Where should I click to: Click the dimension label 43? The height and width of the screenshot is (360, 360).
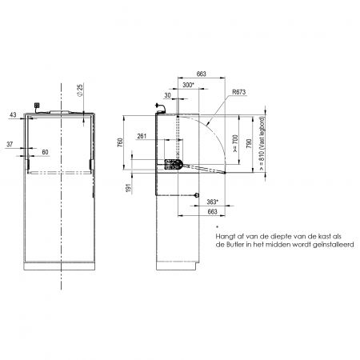(13, 115)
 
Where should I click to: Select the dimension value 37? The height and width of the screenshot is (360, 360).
(10, 144)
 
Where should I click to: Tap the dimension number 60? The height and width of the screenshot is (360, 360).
(45, 152)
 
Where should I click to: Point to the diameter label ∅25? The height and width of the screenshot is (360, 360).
(80, 90)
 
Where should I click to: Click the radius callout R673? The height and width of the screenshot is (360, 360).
(238, 92)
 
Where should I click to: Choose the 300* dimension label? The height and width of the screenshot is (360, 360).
(189, 85)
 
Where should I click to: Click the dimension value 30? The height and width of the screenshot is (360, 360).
(167, 95)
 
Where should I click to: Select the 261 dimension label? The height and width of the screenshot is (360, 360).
(142, 136)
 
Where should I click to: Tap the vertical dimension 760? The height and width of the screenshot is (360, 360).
(120, 142)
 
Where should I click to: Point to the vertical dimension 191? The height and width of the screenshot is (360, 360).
(129, 188)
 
